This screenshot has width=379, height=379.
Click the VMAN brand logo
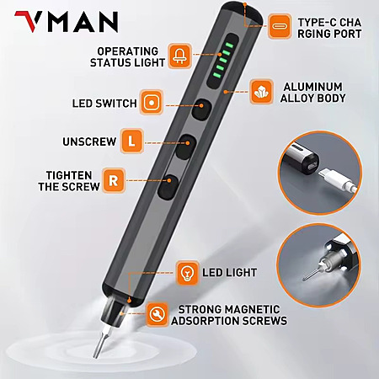(x=67, y=22)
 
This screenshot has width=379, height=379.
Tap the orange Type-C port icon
(x=280, y=26)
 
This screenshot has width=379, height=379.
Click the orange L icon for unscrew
(x=131, y=141)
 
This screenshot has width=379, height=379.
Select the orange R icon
(x=114, y=180)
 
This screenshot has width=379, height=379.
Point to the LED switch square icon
(x=152, y=103)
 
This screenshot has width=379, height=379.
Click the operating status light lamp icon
(x=180, y=56)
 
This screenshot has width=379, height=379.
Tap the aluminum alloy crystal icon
(x=261, y=92)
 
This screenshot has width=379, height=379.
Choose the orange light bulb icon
(x=187, y=273)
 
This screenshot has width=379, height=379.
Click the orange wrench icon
(x=157, y=314)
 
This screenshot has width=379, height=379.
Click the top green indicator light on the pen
(x=229, y=45)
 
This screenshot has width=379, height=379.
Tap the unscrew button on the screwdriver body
(x=186, y=147)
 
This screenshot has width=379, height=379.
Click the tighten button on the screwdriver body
(x=168, y=187)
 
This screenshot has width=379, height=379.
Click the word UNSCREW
(x=89, y=141)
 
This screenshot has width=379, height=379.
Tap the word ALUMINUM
(x=312, y=87)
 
